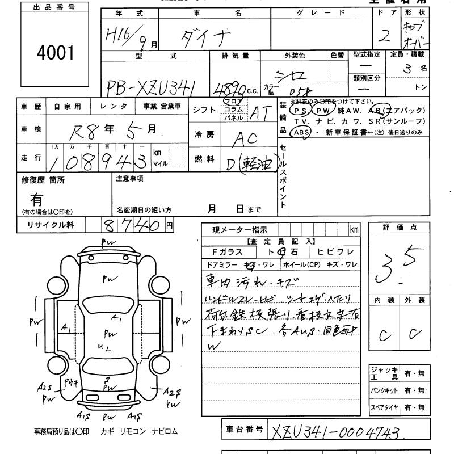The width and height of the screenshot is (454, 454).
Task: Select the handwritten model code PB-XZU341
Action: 152,86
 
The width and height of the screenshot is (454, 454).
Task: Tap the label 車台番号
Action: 242,430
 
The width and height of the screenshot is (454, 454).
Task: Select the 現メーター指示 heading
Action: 240,230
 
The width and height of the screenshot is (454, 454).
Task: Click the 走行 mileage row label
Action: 31,158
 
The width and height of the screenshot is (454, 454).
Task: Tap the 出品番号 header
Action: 54,7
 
